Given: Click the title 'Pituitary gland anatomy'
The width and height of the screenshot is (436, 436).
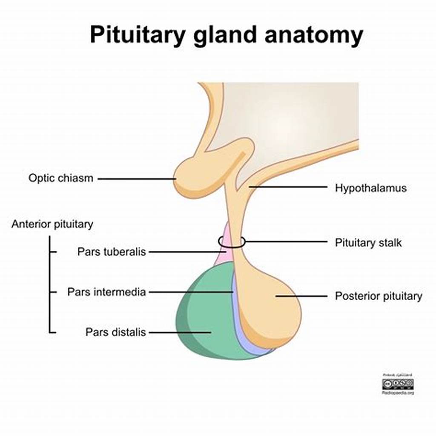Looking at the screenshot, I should [x=226, y=34].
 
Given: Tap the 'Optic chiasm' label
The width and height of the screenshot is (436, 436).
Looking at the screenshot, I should [x=60, y=178].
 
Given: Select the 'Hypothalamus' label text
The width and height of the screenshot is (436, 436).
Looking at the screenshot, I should [x=370, y=188].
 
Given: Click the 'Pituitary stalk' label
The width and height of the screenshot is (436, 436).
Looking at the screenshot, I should [x=368, y=243].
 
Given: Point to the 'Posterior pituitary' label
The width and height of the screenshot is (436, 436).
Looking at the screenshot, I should [x=379, y=296].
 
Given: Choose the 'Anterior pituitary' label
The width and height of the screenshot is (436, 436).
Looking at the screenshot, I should [x=52, y=224].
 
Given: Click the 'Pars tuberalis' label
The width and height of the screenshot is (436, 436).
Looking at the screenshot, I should [x=112, y=252].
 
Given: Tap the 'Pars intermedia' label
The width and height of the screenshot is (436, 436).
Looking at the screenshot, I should [x=106, y=292].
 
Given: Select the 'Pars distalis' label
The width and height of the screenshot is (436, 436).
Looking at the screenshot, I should [x=115, y=332].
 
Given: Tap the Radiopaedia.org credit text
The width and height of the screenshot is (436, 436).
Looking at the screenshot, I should [x=398, y=393].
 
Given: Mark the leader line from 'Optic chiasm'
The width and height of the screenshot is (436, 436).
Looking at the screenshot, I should [x=136, y=179].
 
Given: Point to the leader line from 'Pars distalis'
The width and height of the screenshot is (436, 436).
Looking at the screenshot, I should [x=179, y=332].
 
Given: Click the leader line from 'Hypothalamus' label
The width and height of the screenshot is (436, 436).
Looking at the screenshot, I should [x=290, y=186].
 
